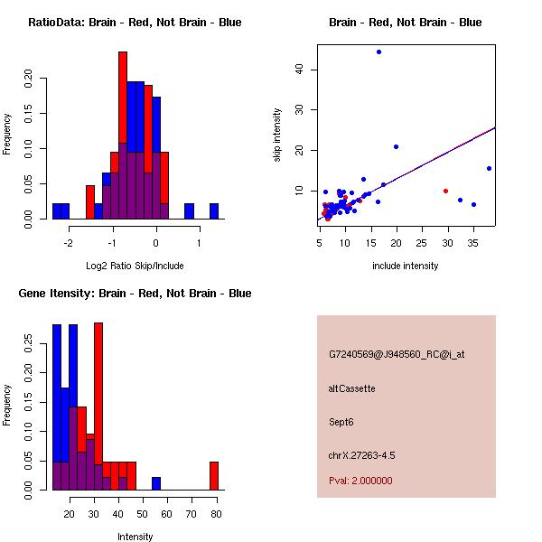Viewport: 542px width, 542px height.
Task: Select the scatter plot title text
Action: coord(405,22)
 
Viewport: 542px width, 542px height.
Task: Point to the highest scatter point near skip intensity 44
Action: coord(378,51)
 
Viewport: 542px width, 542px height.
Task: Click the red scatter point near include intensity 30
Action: coord(445,191)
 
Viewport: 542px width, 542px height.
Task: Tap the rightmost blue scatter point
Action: coord(489,168)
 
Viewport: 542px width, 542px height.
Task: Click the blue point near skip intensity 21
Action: coord(396,146)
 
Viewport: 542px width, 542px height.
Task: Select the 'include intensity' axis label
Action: coord(406,266)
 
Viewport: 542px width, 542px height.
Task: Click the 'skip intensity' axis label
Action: coord(278,135)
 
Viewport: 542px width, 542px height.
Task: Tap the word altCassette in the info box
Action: coord(351,388)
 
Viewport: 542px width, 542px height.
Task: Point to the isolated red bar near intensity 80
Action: coord(214,476)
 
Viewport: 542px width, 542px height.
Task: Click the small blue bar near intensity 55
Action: coord(156,483)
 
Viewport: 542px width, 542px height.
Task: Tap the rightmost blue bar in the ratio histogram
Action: coord(214,211)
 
